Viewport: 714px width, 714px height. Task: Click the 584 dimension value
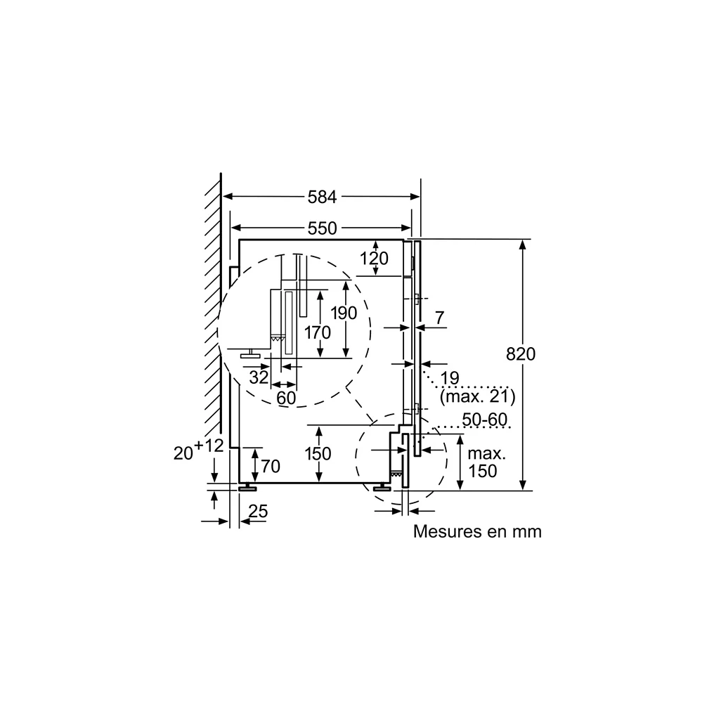pyautogui.click(x=322, y=197)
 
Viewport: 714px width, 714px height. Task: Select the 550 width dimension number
pyautogui.click(x=322, y=228)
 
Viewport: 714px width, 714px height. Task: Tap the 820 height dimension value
pyautogui.click(x=521, y=353)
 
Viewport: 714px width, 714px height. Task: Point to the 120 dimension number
pyautogui.click(x=374, y=259)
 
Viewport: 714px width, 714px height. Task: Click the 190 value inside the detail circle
pyautogui.click(x=344, y=313)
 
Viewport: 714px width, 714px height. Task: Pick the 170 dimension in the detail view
pyautogui.click(x=318, y=333)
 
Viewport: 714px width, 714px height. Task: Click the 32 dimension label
pyautogui.click(x=259, y=377)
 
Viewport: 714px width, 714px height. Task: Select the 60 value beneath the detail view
pyautogui.click(x=286, y=398)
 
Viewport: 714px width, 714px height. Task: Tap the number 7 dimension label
pyautogui.click(x=439, y=318)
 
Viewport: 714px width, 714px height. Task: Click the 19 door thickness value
pyautogui.click(x=450, y=378)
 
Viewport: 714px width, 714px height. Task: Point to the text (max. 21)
pyautogui.click(x=477, y=396)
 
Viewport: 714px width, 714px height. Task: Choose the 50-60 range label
pyautogui.click(x=484, y=420)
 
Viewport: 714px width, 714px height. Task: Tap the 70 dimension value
pyautogui.click(x=271, y=467)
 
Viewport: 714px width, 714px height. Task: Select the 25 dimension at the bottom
pyautogui.click(x=258, y=512)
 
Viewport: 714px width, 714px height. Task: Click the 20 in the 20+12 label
pyautogui.click(x=183, y=453)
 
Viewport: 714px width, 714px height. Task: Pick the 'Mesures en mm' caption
pyautogui.click(x=477, y=532)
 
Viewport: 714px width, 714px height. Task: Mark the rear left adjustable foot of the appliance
pyautogui.click(x=247, y=488)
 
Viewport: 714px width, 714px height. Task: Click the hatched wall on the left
pyautogui.click(x=213, y=303)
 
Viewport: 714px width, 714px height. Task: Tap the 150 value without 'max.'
pyautogui.click(x=318, y=454)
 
